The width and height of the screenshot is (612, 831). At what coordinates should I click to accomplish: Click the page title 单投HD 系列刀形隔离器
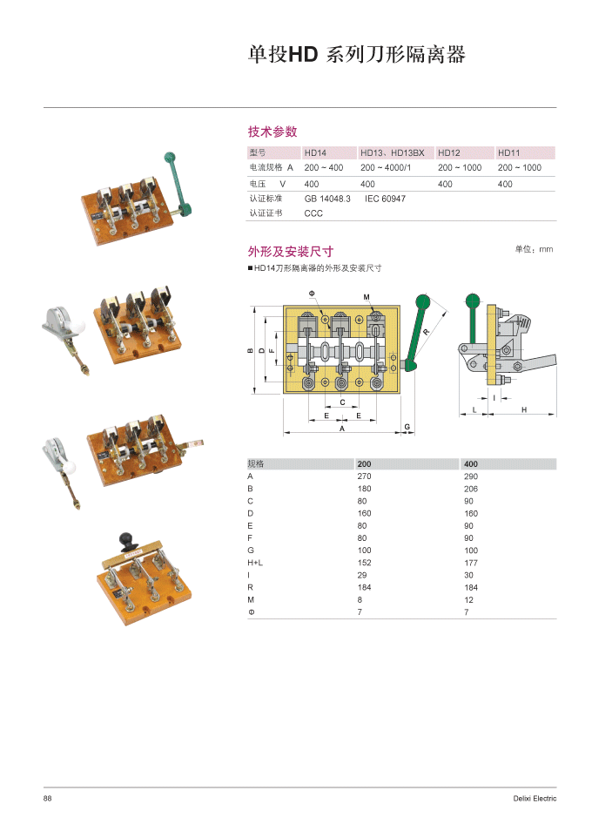click(357, 55)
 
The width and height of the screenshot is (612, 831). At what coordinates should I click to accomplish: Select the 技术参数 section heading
click(272, 132)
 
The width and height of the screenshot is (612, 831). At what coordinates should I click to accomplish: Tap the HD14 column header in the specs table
click(315, 152)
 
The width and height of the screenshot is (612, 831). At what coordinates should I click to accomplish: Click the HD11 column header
click(509, 152)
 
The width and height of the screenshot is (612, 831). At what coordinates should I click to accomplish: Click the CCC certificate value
click(313, 213)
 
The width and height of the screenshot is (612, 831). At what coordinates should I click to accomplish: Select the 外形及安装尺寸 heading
click(291, 252)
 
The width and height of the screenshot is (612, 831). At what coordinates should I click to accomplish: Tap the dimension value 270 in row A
click(364, 476)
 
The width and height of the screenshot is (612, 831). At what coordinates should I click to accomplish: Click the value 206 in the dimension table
click(471, 489)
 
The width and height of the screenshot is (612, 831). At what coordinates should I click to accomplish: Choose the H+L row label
click(255, 563)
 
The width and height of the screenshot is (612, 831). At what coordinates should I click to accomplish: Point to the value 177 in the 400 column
click(471, 563)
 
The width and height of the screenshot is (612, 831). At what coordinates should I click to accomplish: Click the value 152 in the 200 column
click(364, 563)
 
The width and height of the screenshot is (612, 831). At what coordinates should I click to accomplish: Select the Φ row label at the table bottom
click(251, 612)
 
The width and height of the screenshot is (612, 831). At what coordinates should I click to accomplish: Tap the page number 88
click(49, 799)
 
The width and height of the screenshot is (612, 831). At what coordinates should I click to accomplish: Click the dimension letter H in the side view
click(524, 409)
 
